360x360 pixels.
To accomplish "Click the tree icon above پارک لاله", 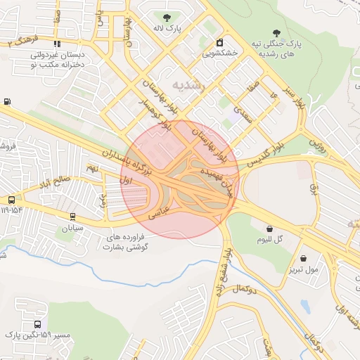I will (x=167, y=18).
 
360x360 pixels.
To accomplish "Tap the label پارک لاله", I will (x=168, y=30).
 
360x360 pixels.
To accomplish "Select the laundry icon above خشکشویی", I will (x=220, y=41).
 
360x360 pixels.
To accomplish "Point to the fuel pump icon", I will (x=7, y=101).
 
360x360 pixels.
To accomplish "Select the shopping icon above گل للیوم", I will (x=270, y=228).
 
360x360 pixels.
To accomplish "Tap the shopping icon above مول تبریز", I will (x=303, y=258).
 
